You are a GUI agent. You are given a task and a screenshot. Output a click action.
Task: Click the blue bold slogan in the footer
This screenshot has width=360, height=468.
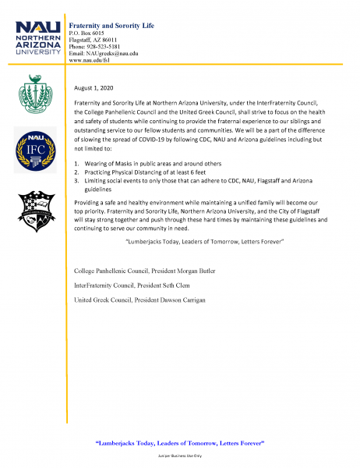click(179, 442)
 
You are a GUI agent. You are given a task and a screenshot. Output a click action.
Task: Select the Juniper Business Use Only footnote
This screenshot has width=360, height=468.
click(179, 455)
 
